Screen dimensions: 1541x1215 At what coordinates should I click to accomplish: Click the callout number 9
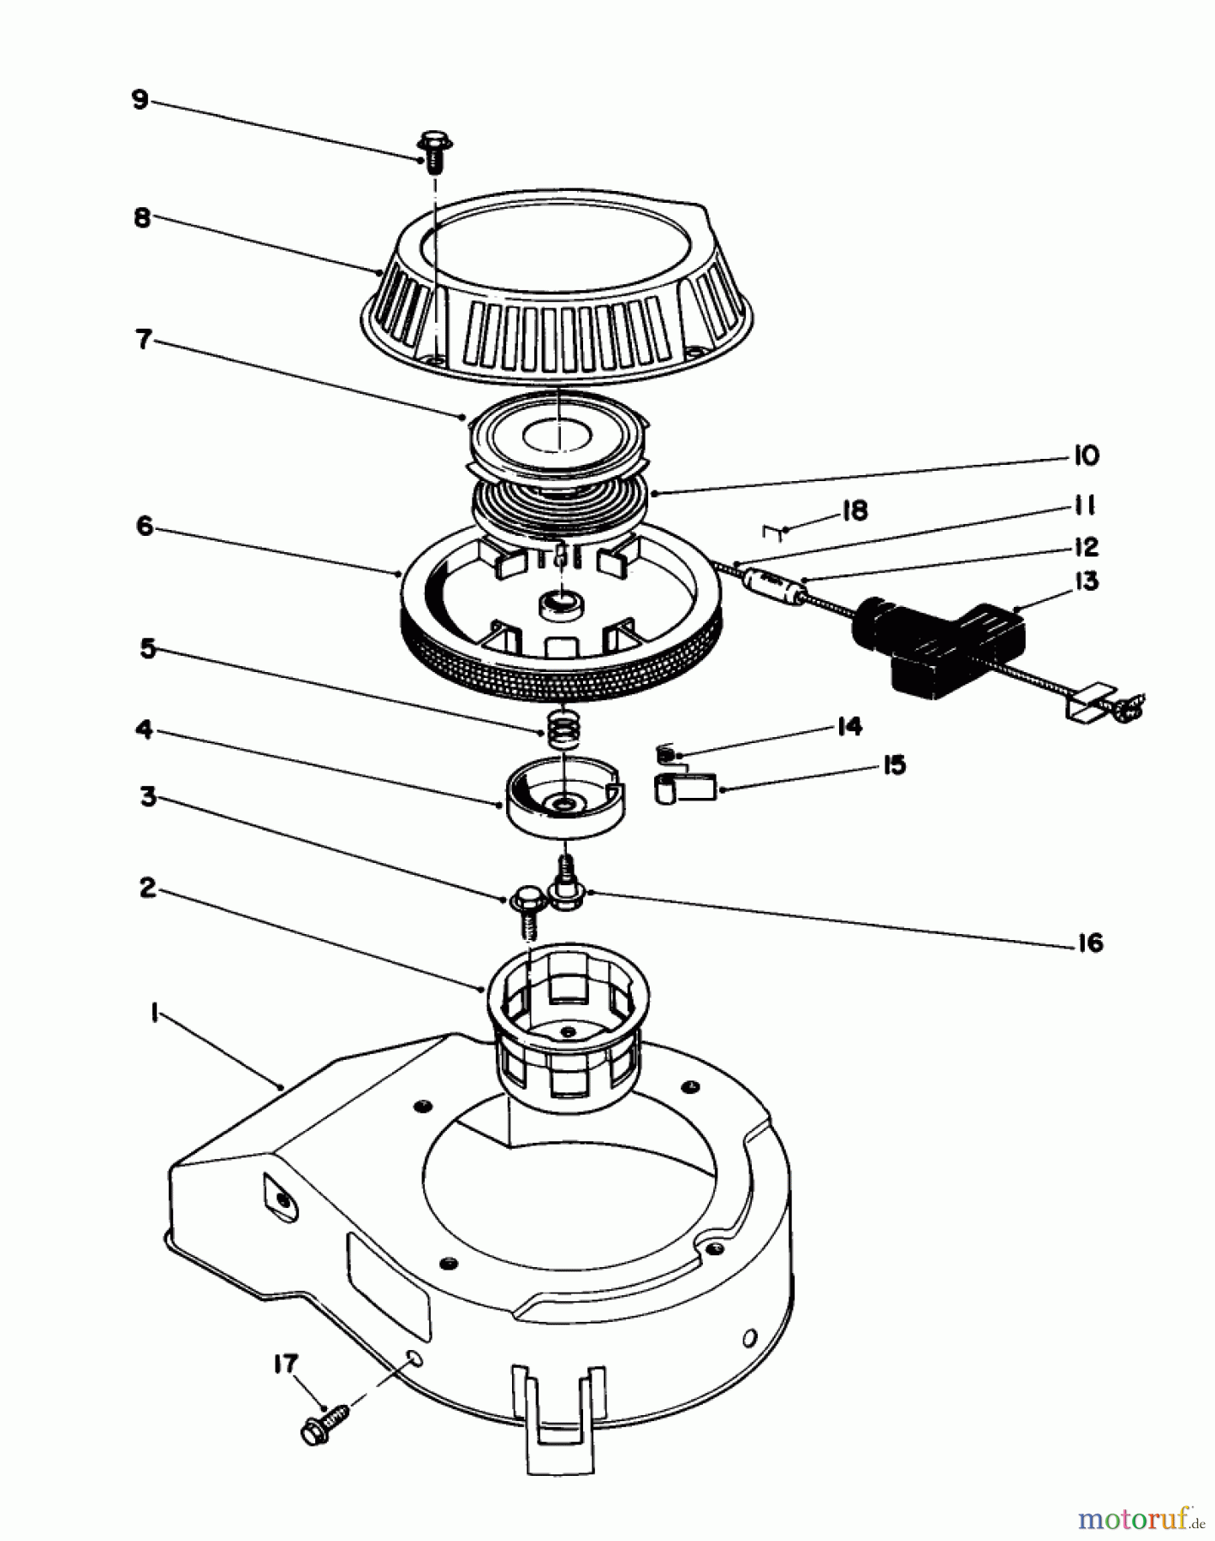tap(140, 100)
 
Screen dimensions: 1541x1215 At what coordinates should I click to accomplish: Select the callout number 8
tap(142, 218)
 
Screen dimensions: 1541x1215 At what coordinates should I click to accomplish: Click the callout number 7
tap(143, 340)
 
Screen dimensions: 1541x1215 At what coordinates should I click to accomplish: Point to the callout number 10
tap(1085, 455)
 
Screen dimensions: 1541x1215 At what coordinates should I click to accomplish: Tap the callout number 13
tap(1086, 582)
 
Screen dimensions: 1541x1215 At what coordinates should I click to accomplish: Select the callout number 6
tap(145, 526)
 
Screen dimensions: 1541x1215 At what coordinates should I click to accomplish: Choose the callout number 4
tap(145, 729)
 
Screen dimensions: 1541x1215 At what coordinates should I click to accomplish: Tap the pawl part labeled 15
tap(686, 787)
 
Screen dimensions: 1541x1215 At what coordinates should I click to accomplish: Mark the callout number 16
tap(1089, 943)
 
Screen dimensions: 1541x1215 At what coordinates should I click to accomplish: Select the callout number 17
tap(286, 1364)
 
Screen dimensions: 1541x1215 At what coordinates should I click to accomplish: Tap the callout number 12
tap(1085, 546)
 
